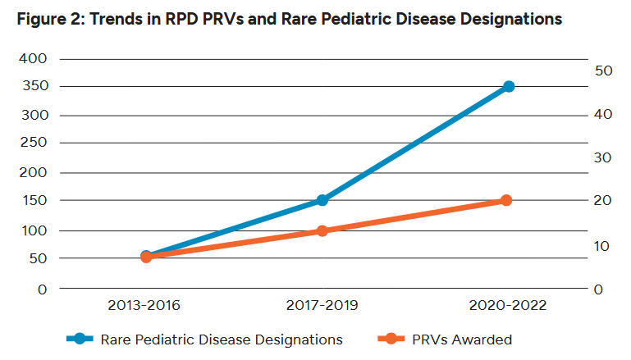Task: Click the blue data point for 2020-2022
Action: (509, 86)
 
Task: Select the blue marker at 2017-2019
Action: (322, 200)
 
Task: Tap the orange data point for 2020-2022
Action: (506, 200)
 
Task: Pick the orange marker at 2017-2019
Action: (322, 230)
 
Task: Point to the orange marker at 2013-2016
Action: (146, 257)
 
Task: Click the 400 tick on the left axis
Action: (35, 59)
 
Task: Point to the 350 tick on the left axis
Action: (35, 86)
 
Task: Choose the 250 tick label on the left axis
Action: (35, 144)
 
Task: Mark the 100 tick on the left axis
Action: (35, 230)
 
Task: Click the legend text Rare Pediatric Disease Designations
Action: (222, 339)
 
